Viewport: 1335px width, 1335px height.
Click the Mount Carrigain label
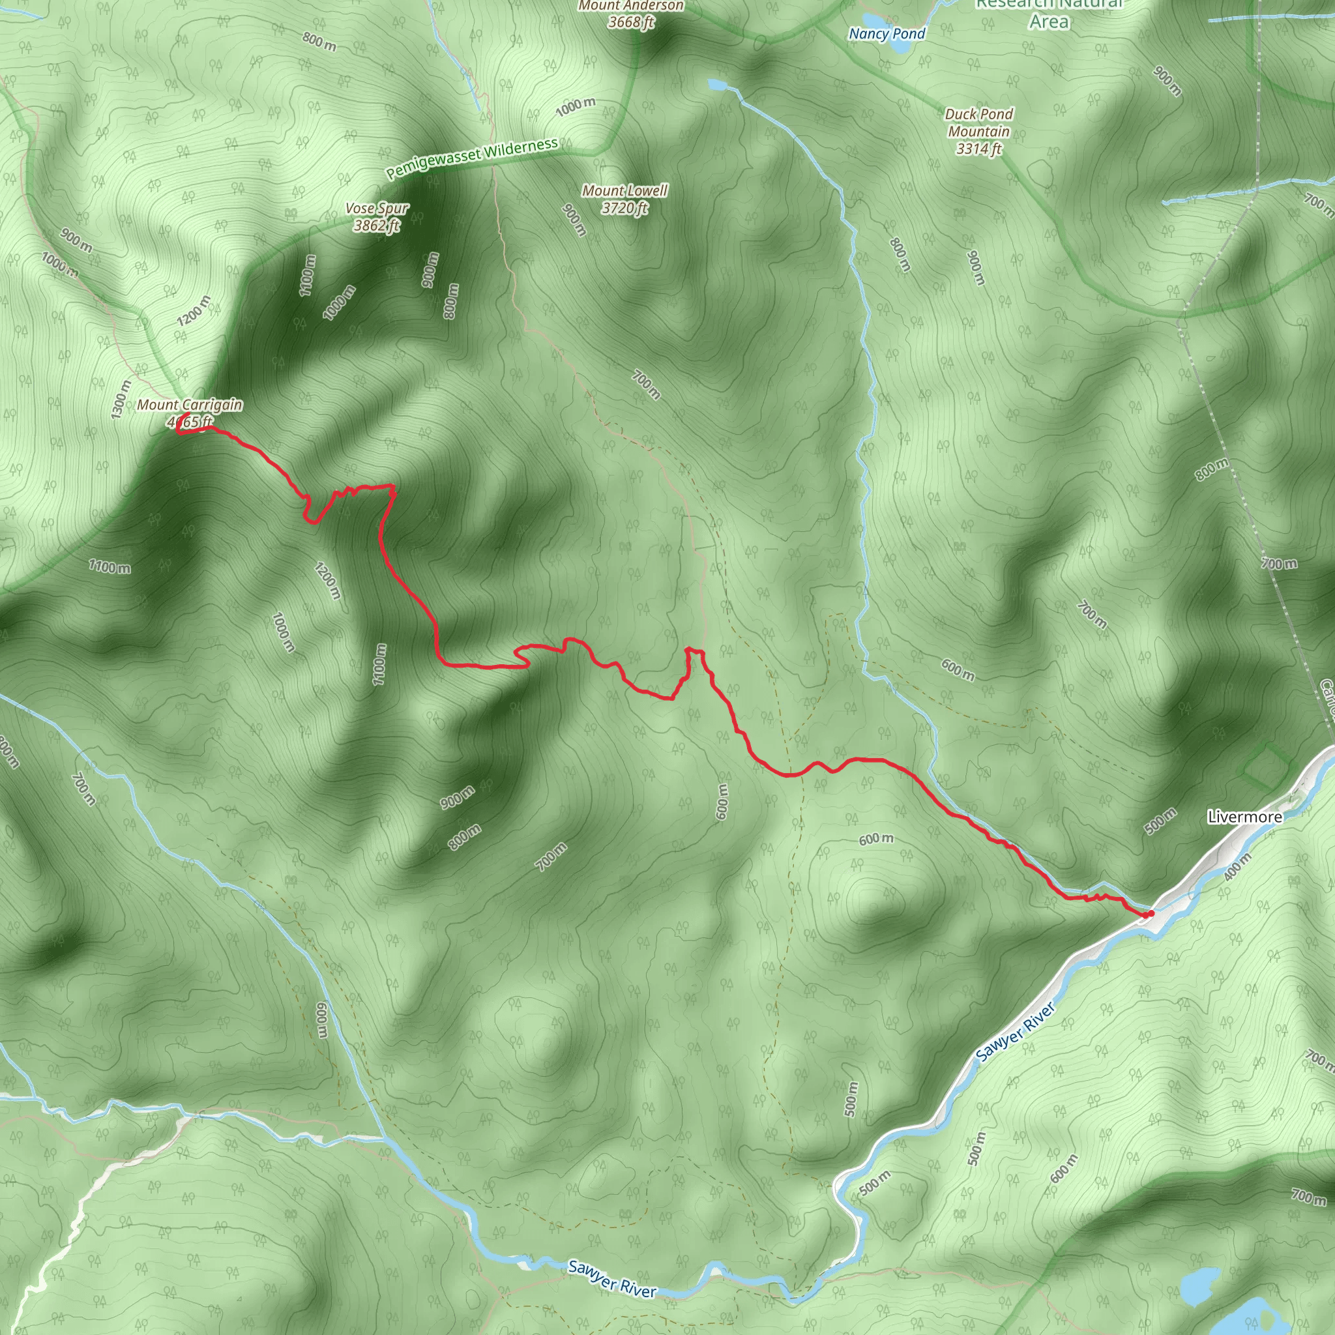click(x=189, y=405)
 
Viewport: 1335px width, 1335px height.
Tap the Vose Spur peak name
click(x=377, y=208)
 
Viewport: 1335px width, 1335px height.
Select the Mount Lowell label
click(x=624, y=190)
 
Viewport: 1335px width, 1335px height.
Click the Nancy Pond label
click(x=887, y=33)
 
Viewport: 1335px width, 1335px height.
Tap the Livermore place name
click(x=1244, y=817)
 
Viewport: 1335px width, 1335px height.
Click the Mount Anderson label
click(x=631, y=5)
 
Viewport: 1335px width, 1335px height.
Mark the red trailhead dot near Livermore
click(x=1150, y=913)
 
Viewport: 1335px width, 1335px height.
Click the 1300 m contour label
click(x=119, y=400)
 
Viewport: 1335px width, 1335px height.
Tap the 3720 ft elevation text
click(x=624, y=207)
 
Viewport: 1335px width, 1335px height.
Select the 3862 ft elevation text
click(x=377, y=226)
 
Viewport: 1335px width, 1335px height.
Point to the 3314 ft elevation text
click(x=978, y=149)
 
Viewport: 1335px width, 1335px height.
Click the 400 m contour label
click(x=1237, y=866)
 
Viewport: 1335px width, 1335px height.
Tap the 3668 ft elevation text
click(x=631, y=22)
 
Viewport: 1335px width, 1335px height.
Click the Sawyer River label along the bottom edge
click(x=611, y=1278)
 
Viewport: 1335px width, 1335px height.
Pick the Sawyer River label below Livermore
click(x=1015, y=1033)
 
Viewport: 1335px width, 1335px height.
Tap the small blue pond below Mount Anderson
click(x=716, y=85)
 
